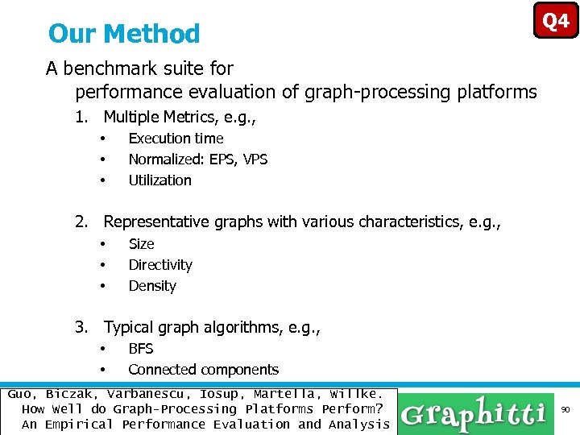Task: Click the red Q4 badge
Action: click(x=556, y=21)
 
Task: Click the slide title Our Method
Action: click(x=124, y=34)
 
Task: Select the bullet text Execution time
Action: click(x=176, y=139)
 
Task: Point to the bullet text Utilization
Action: click(x=159, y=180)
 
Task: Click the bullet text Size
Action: click(x=141, y=244)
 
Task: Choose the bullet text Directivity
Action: click(x=160, y=265)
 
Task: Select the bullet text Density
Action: click(x=151, y=286)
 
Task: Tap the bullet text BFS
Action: click(x=140, y=349)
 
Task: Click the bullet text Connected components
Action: click(x=203, y=370)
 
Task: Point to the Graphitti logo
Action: click(x=474, y=413)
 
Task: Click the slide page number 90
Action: click(x=565, y=411)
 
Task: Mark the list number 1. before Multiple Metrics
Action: click(x=81, y=118)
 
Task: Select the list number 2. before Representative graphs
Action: click(x=81, y=222)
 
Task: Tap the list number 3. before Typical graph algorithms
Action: click(x=81, y=327)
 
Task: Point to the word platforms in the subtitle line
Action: click(x=499, y=92)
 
